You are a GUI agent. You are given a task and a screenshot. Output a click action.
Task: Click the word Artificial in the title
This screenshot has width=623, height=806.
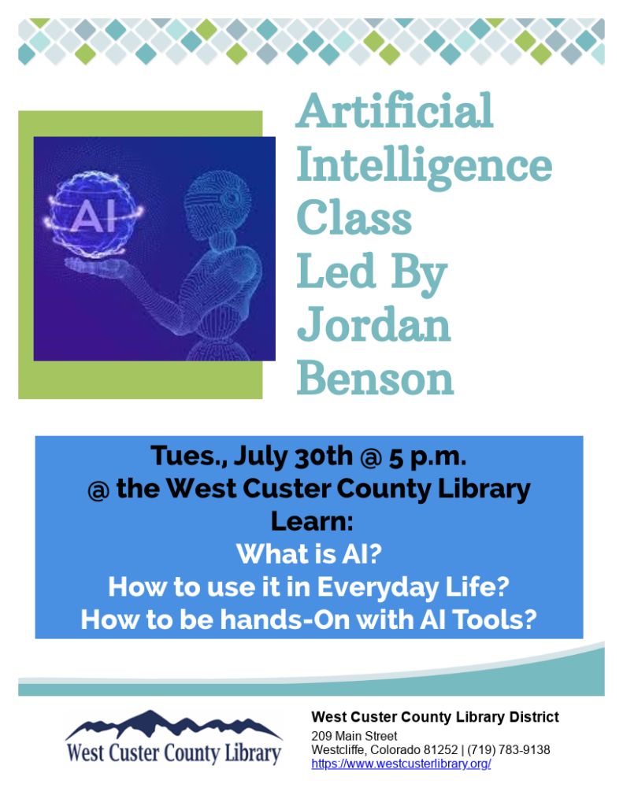[x=395, y=111]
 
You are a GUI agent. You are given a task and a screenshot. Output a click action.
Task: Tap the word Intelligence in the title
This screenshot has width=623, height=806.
[x=424, y=166]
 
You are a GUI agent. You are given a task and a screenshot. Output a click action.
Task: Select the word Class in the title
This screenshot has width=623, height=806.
[x=354, y=218]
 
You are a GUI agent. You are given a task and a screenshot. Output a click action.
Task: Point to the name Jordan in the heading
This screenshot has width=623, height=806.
[x=373, y=324]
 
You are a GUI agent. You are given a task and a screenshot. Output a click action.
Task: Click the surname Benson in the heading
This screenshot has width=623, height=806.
[x=375, y=379]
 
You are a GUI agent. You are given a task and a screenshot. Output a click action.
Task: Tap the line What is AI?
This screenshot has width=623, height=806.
[x=309, y=554]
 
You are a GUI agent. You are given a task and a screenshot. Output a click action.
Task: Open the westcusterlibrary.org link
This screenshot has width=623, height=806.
[x=401, y=764]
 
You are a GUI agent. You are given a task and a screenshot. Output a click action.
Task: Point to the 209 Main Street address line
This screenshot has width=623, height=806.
[x=354, y=736]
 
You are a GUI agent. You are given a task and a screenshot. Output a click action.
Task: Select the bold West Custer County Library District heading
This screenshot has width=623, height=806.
[x=435, y=717]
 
